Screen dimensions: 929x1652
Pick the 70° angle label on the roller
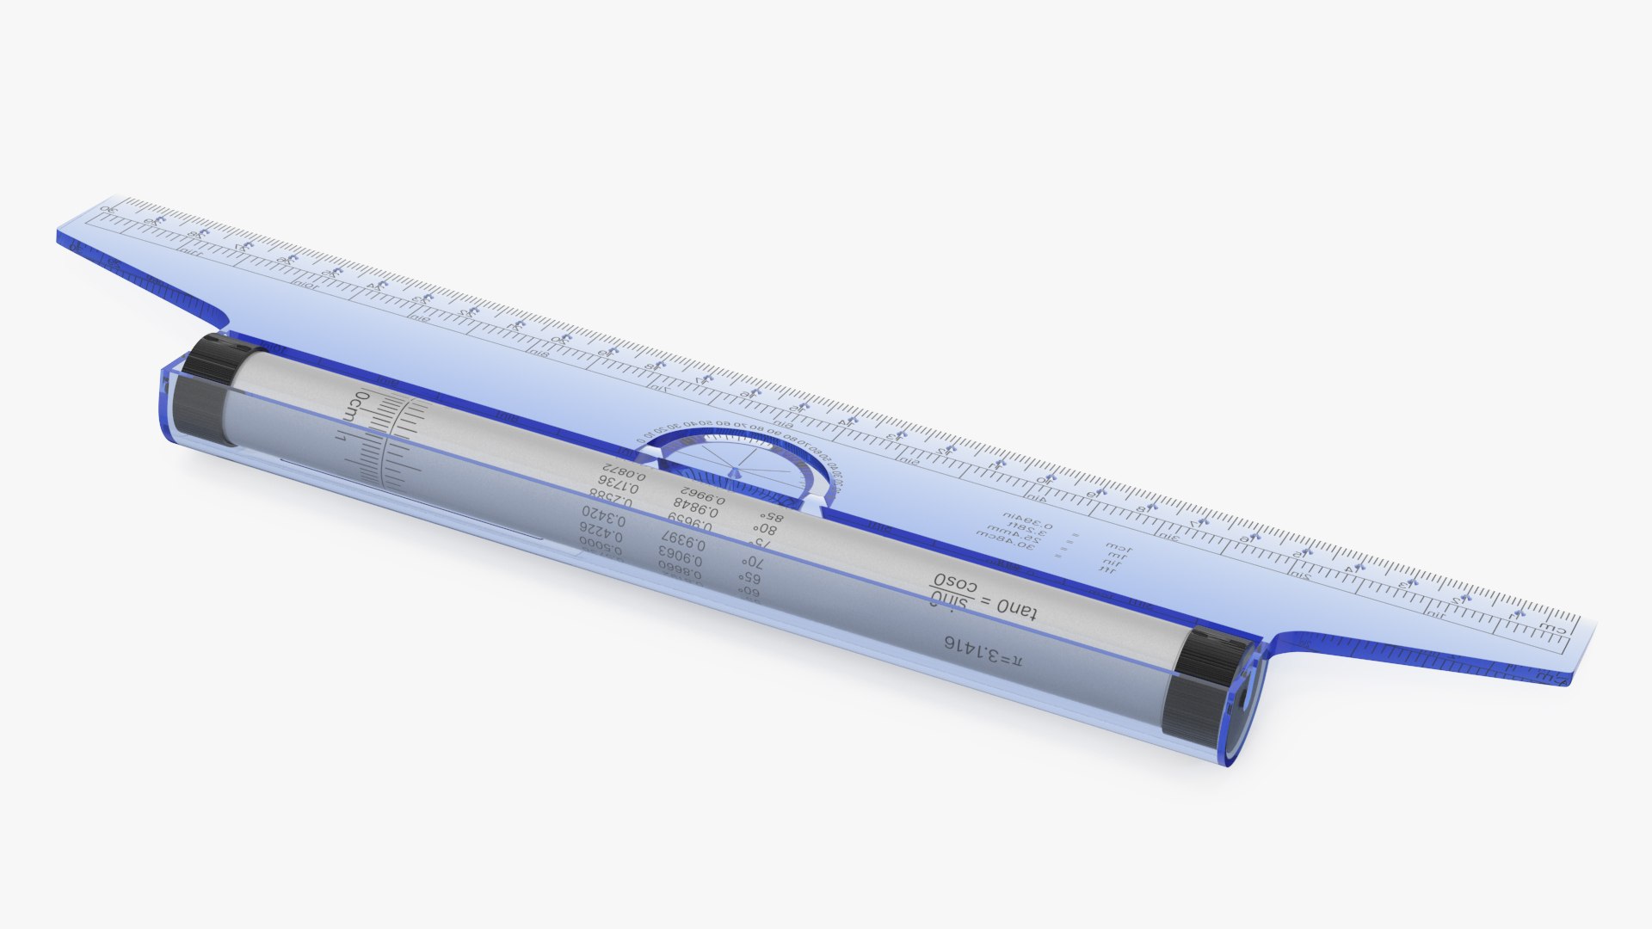click(750, 562)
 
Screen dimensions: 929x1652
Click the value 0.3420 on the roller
click(603, 518)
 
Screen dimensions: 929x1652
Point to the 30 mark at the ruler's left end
click(108, 209)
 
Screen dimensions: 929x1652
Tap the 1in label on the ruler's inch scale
click(1434, 614)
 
